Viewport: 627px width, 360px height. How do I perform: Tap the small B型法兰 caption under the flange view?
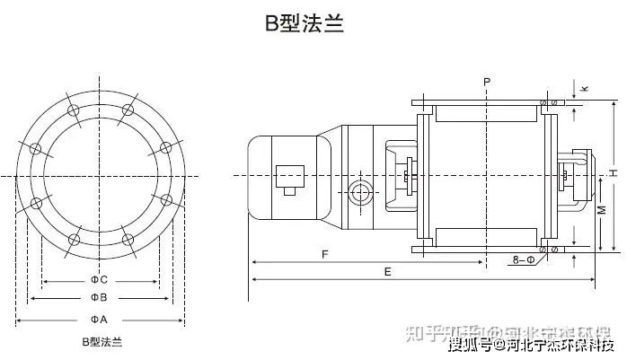coord(101,342)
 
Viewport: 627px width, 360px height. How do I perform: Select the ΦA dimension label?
coord(99,320)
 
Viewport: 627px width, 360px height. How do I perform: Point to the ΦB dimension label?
coord(99,297)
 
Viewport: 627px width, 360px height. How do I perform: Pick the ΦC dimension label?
coord(99,279)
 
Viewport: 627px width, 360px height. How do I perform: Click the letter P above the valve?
coord(486,82)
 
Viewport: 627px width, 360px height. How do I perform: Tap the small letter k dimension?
coord(585,88)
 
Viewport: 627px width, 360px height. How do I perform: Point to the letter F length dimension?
coord(323,254)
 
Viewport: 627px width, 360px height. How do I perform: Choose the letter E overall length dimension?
coord(387,270)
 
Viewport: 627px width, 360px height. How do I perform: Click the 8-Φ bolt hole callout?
coord(525,260)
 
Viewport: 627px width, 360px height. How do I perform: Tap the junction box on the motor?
coord(291,176)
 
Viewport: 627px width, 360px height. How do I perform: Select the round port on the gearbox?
coord(361,192)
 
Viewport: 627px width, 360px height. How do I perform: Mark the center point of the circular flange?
coord(100,174)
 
